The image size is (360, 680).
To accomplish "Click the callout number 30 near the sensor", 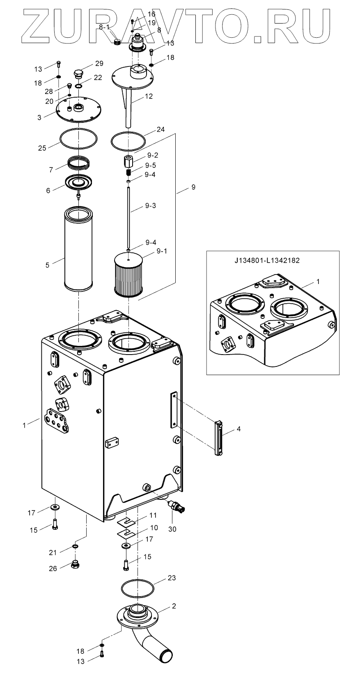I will coord(172,529).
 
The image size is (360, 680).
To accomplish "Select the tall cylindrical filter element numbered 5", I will coord(78,250).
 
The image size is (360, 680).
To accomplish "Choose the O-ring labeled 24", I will coord(128,141).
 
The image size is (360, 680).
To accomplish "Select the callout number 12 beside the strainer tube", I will coord(149,96).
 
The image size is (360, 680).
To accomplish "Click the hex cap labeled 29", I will coord(78,75).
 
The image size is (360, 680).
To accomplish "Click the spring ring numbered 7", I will coord(79,163).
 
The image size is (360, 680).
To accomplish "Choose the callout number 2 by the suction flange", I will coord(174,606).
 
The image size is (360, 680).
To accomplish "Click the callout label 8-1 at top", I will coord(104,27).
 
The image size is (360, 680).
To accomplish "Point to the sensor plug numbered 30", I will coord(180,507).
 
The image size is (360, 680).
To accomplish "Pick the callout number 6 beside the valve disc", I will coord(48,190).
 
